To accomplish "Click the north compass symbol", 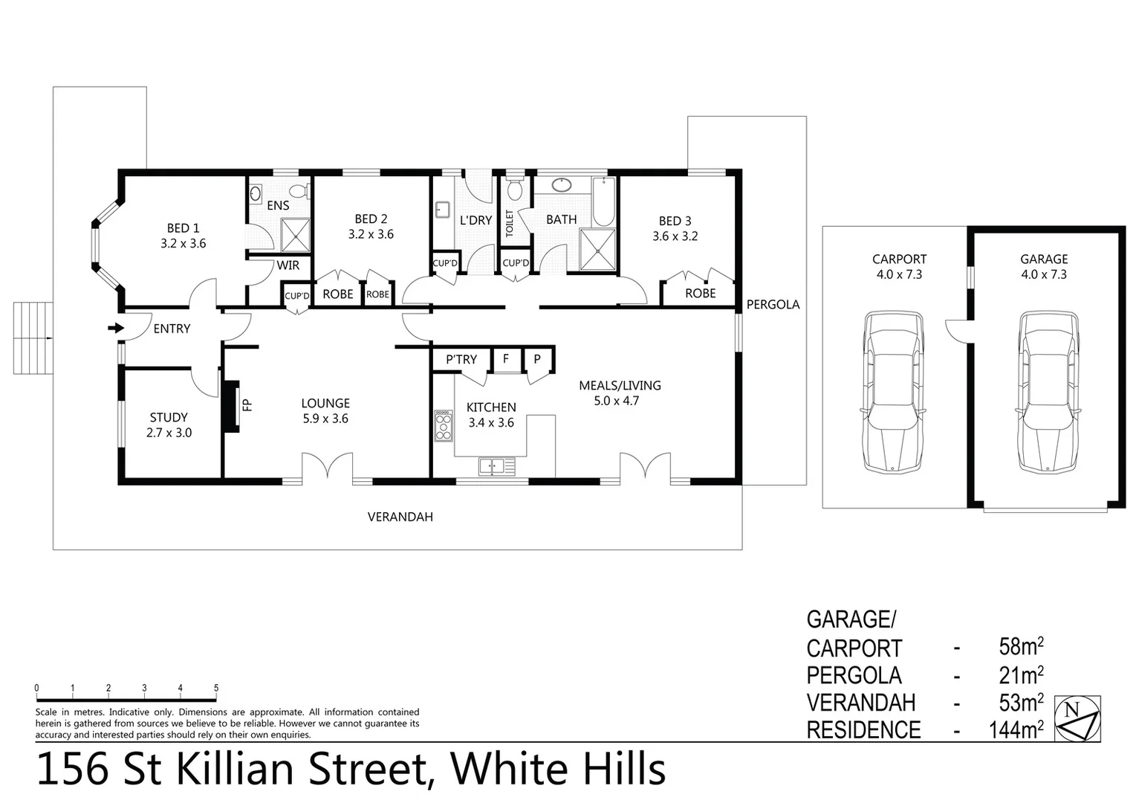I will pos(1078,719).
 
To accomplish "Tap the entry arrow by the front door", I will pos(115,328).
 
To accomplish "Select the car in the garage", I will pos(1048,392).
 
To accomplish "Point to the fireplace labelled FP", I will pos(233,406).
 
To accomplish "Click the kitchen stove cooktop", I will pos(444,425).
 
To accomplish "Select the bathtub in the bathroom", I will pos(604,202).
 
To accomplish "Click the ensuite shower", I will pos(295,236).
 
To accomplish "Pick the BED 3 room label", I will pos(675,221).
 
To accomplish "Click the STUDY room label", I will pos(169,417).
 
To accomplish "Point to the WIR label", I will pos(288,265).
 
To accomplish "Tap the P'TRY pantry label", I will pos(461,360).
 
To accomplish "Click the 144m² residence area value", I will pos(1016,730).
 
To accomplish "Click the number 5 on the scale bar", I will pos(216,688).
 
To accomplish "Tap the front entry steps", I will pos(33,338).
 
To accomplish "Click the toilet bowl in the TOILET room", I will pos(514,191).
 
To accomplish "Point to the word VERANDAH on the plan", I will pos(400,517).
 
